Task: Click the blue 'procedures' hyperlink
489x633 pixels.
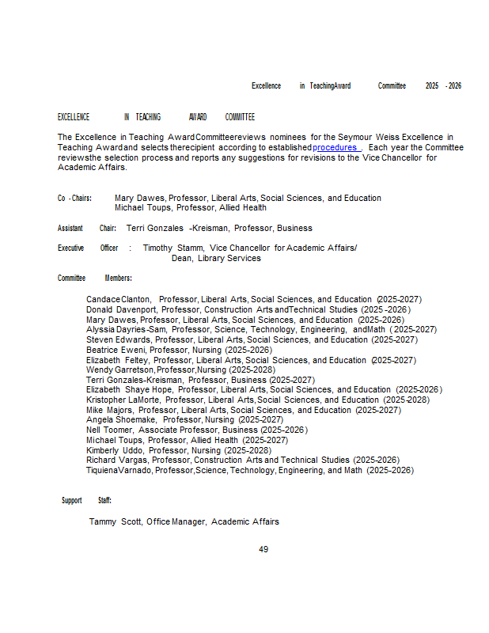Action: click(x=335, y=147)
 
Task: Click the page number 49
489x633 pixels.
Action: click(x=263, y=549)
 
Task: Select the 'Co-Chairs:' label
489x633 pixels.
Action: click(x=75, y=198)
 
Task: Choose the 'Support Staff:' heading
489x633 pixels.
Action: click(x=86, y=500)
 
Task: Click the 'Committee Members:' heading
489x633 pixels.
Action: click(x=94, y=278)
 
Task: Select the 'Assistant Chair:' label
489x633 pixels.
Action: click(x=87, y=228)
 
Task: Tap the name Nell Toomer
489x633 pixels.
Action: click(x=109, y=430)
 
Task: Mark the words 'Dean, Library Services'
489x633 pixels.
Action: click(x=216, y=258)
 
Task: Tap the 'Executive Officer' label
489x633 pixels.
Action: click(x=88, y=248)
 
